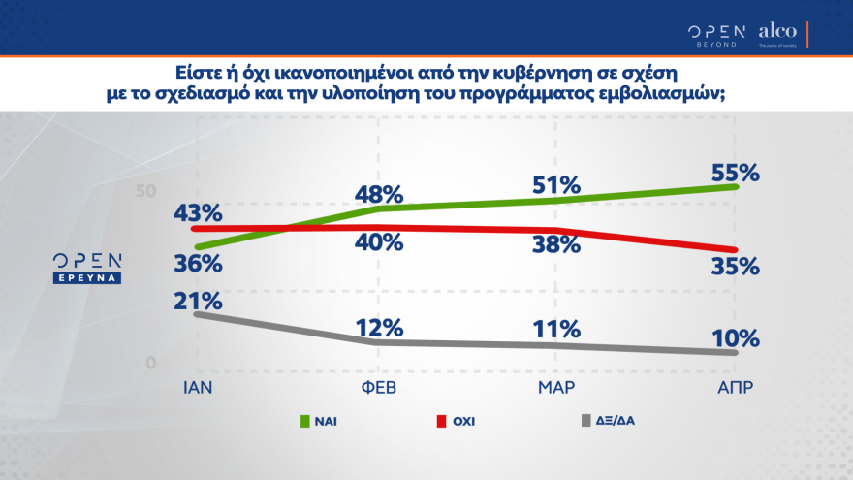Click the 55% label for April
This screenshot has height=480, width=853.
[734, 174]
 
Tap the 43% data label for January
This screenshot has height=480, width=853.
[199, 211]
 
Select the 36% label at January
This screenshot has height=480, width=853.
[199, 264]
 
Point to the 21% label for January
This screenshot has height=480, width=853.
[199, 301]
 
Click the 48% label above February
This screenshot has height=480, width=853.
[377, 193]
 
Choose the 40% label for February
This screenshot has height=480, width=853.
[377, 242]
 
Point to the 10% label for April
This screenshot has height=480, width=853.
[734, 338]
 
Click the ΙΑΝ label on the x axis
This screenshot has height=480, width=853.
[198, 387]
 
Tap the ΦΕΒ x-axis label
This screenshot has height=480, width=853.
[377, 387]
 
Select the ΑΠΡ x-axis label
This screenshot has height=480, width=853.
[734, 387]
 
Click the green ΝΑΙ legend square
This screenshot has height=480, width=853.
[303, 421]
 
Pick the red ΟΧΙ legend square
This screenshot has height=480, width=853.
[441, 421]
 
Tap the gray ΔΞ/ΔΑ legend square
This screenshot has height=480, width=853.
[584, 421]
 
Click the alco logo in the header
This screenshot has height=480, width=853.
[777, 32]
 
